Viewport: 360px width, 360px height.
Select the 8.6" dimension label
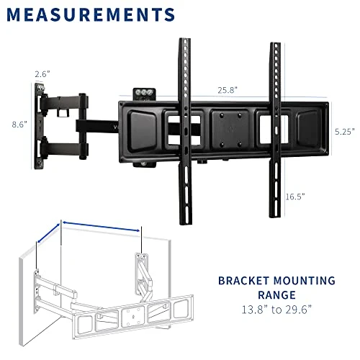[19, 124]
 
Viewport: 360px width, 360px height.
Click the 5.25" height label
[344, 132]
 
